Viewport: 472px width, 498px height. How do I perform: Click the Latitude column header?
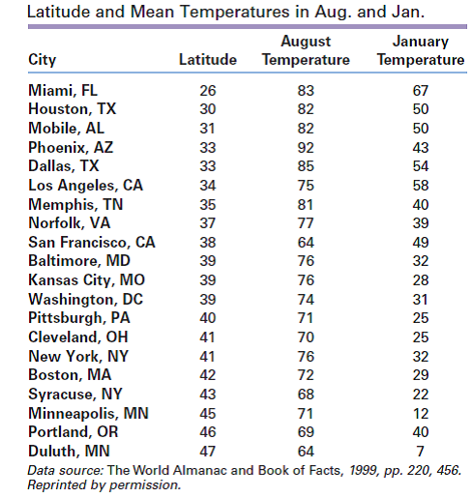tap(208, 60)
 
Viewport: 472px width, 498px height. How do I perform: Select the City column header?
tap(43, 60)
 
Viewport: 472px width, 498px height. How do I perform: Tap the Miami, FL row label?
tap(63, 91)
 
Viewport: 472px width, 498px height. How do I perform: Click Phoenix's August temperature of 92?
tap(306, 148)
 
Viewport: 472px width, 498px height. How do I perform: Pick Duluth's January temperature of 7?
tap(420, 451)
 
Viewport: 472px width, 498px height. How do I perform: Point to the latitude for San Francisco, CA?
tap(207, 243)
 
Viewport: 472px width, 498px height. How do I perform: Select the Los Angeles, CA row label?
tap(85, 186)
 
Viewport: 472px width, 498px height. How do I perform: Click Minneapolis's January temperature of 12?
tap(421, 414)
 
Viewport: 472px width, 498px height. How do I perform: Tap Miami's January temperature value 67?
tap(421, 91)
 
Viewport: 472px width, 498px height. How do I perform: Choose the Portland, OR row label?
tap(74, 432)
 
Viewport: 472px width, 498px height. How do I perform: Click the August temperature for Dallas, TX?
tap(306, 166)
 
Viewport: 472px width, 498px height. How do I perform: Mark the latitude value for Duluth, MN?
tap(207, 451)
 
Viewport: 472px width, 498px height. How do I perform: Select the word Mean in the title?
tap(151, 12)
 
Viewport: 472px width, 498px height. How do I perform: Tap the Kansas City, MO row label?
tap(86, 280)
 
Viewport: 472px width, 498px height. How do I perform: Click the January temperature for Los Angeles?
tap(421, 186)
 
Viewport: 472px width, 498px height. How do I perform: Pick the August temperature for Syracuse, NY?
tap(306, 395)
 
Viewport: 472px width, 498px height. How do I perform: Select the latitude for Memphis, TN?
tap(207, 205)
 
